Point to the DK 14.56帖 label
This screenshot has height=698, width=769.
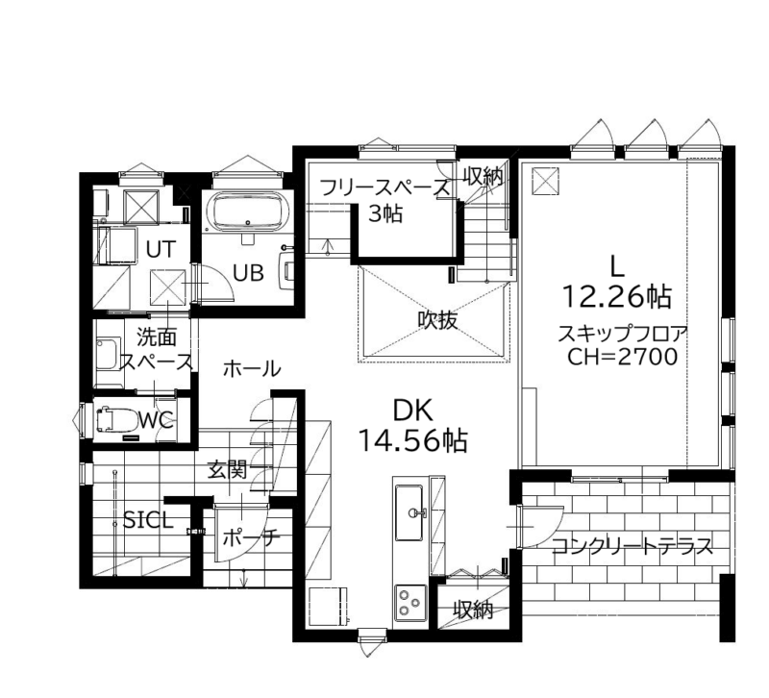click(x=413, y=425)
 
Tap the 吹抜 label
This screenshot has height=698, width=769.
click(x=437, y=320)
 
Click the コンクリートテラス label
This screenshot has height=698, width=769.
click(x=633, y=545)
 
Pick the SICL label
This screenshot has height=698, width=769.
click(x=148, y=520)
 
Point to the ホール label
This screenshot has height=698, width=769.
click(x=252, y=368)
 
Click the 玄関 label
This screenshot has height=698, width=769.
click(x=227, y=470)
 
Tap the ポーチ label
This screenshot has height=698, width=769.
click(x=251, y=538)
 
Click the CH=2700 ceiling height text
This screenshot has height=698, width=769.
click(x=623, y=357)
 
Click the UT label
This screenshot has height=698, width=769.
click(x=161, y=250)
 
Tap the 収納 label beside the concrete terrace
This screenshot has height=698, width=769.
click(x=473, y=610)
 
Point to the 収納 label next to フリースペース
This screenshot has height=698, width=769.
click(x=484, y=176)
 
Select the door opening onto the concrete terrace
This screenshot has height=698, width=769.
click(x=539, y=527)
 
